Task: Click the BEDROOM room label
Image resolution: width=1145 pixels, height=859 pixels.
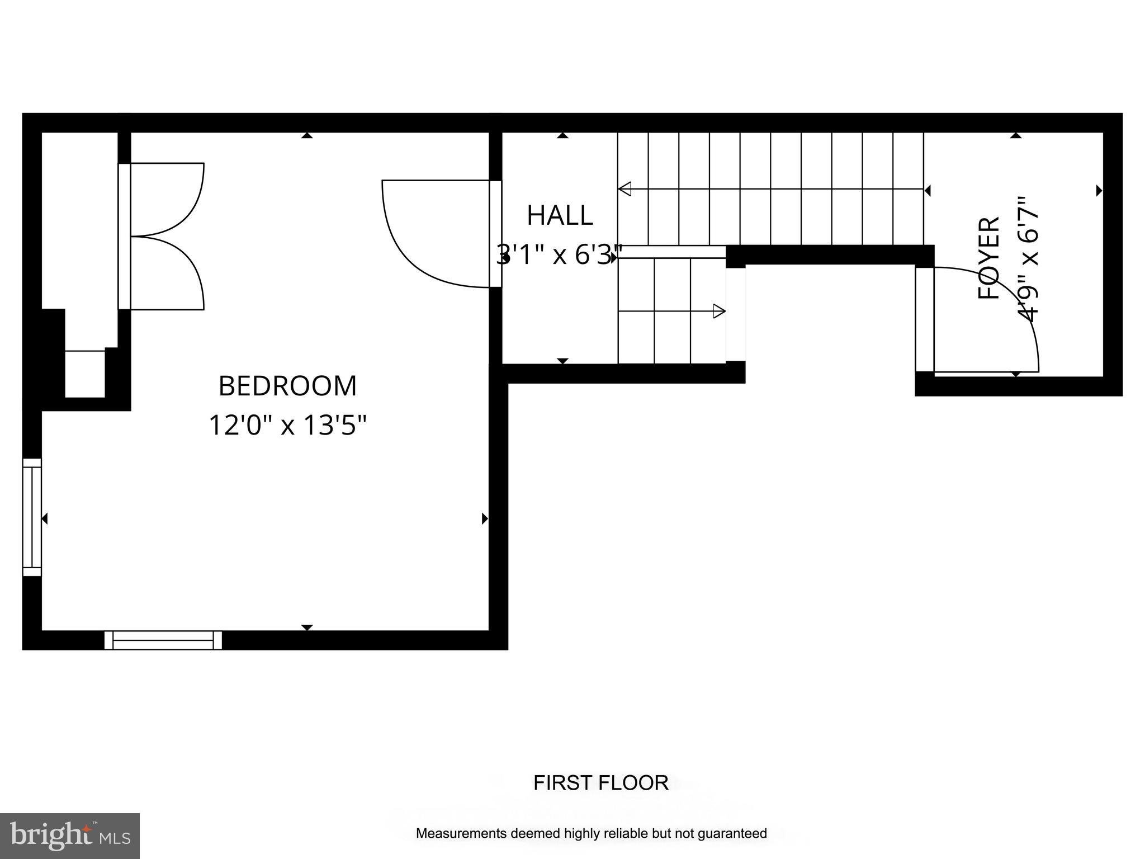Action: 287,386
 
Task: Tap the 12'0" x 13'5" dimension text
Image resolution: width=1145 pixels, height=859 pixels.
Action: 287,425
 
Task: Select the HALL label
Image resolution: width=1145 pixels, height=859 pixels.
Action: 560,216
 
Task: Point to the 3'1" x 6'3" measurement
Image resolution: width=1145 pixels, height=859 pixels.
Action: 559,256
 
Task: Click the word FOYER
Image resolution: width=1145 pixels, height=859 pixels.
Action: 988,258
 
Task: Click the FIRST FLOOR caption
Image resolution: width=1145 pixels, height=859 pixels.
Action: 600,783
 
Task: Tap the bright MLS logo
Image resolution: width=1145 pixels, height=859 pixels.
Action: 69,836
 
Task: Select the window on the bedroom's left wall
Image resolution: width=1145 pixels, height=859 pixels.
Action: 32,517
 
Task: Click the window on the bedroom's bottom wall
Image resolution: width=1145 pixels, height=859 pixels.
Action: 163,640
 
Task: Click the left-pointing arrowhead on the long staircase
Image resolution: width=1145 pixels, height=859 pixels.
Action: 625,189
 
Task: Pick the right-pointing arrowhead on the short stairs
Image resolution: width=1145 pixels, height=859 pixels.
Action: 719,311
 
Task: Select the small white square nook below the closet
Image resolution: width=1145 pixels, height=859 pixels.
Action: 85,374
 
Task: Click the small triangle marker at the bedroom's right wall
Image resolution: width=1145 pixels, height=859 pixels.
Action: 485,519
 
